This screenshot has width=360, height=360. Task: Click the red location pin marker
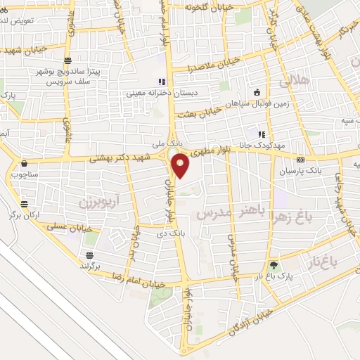181,166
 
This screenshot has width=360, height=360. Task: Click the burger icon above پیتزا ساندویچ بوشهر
67,61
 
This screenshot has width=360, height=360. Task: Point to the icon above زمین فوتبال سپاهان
257,91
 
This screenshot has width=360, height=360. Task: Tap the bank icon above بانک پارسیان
301,160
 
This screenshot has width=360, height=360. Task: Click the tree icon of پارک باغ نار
274,265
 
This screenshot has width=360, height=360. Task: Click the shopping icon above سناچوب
24,163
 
